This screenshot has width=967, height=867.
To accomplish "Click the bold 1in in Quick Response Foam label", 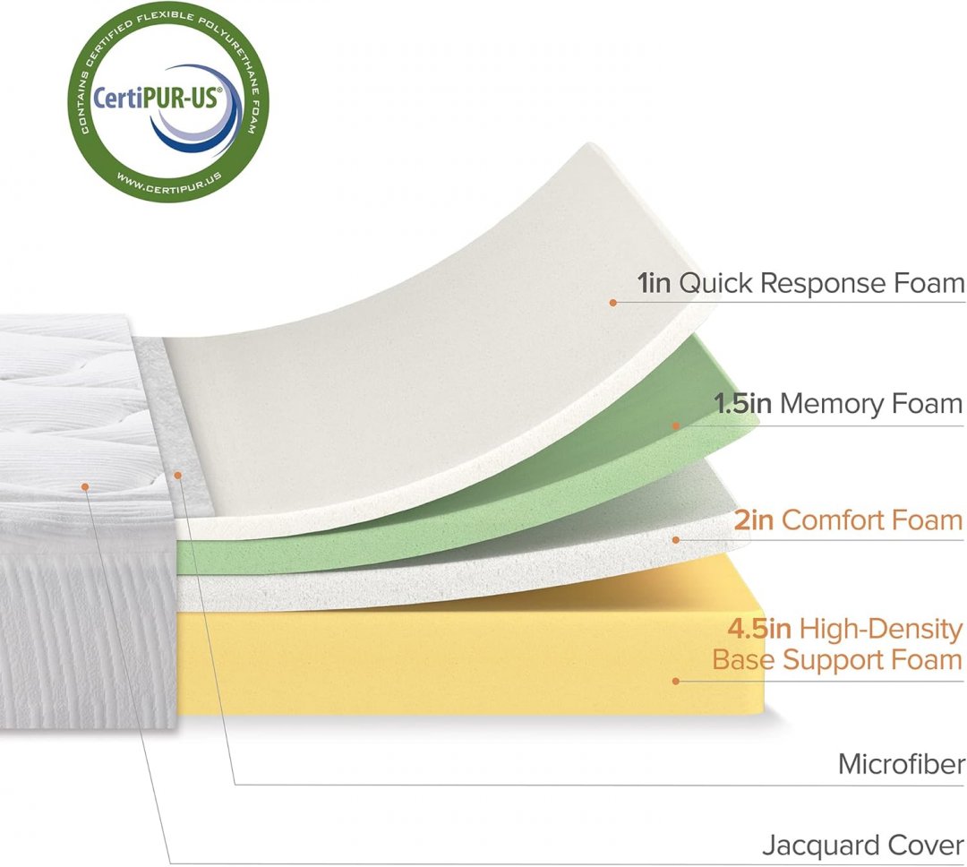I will pyautogui.click(x=655, y=285).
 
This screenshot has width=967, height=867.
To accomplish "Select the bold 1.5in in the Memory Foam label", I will pyautogui.click(x=742, y=404).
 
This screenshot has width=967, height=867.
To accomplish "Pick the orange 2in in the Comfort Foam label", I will pyautogui.click(x=754, y=520).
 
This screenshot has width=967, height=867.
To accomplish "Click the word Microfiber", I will pyautogui.click(x=902, y=765).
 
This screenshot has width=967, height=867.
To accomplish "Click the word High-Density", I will pyautogui.click(x=881, y=630).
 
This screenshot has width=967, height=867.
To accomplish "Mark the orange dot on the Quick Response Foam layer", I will pyautogui.click(x=613, y=303).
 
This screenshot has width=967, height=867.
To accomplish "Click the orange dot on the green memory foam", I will pyautogui.click(x=677, y=425).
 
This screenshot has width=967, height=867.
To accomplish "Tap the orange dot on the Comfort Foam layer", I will pyautogui.click(x=676, y=539).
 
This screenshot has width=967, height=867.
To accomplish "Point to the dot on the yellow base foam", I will pyautogui.click(x=676, y=681).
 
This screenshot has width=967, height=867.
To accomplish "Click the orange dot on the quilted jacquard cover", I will pyautogui.click(x=85, y=486).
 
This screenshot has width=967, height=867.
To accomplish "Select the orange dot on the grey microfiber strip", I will pyautogui.click(x=178, y=475).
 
